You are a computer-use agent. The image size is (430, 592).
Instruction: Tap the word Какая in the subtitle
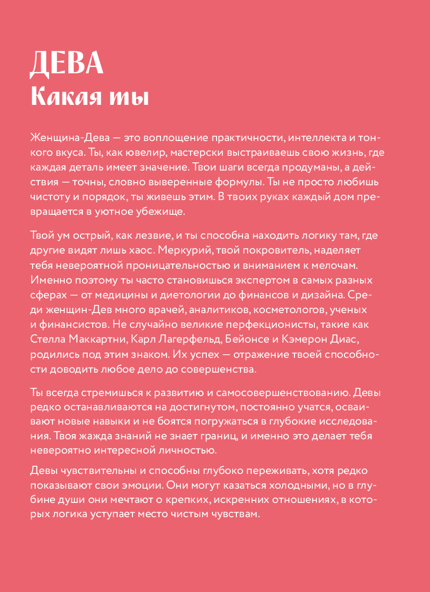coord(61,96)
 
